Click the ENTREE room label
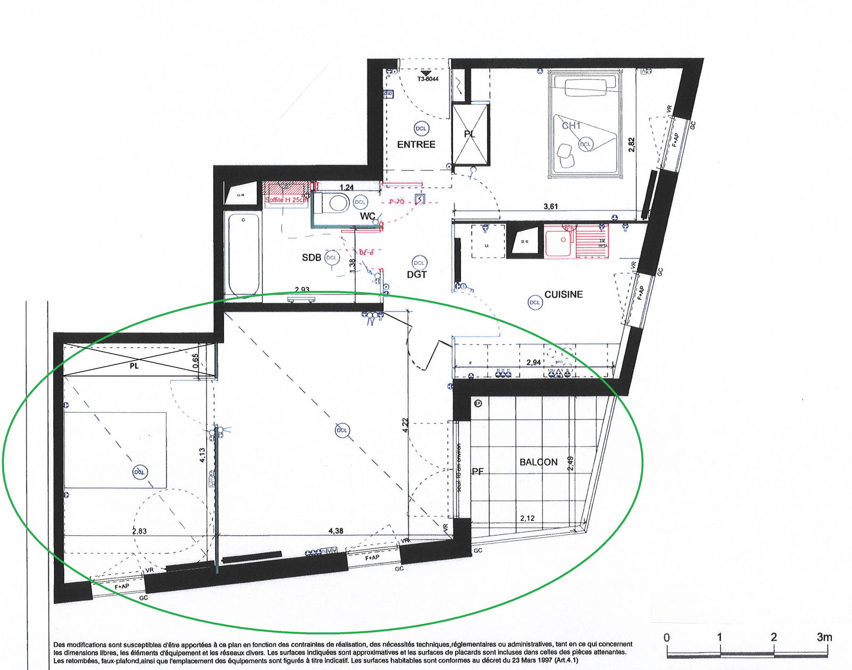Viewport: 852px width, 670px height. [416, 144]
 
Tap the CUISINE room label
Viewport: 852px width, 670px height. [563, 294]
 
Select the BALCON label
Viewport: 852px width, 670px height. [538, 462]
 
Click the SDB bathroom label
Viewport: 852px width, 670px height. [312, 258]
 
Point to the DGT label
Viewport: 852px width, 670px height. [416, 275]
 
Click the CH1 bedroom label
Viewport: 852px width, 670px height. [571, 126]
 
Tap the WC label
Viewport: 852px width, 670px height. [367, 216]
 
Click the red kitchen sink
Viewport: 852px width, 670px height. [559, 243]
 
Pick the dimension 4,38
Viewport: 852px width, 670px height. [336, 531]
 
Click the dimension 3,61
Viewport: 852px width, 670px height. [551, 207]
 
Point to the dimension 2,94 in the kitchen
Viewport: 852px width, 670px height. [533, 363]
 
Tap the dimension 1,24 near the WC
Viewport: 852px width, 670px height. [347, 187]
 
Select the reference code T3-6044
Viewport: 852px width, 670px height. [428, 79]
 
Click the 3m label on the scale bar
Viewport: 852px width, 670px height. [824, 637]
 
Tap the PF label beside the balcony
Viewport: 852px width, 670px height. [478, 471]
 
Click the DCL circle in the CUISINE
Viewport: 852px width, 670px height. [534, 303]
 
